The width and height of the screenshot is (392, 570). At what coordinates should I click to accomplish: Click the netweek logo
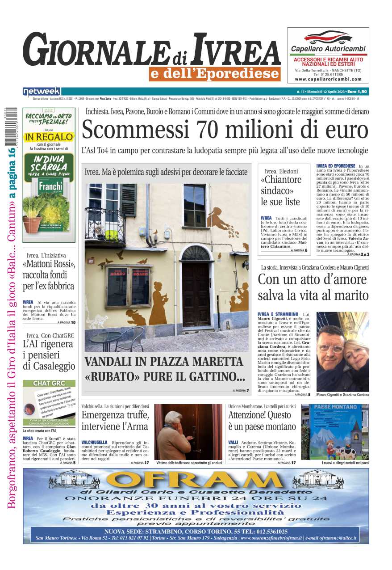(x=42, y=92)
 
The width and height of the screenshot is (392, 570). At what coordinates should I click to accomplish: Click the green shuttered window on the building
(x=129, y=200)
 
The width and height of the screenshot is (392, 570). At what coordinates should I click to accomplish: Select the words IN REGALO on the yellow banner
(x=49, y=136)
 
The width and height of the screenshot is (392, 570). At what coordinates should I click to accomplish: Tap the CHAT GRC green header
(x=49, y=383)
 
